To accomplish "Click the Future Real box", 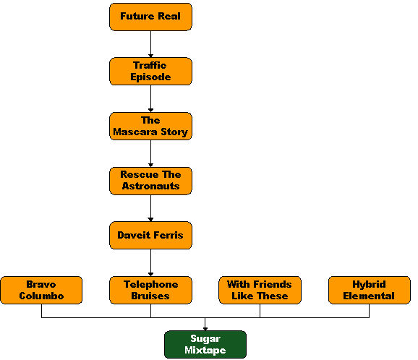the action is (x=150, y=17).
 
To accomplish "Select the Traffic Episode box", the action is (x=150, y=71).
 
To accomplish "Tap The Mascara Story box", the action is (x=150, y=126).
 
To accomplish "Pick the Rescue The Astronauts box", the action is (x=150, y=181).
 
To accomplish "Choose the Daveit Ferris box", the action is (x=150, y=235).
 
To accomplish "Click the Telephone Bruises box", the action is (x=150, y=290).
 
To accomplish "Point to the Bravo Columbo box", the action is (x=41, y=290).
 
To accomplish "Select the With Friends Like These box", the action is (x=260, y=290).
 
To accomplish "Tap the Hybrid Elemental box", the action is (x=370, y=290).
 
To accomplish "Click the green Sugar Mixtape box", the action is (x=205, y=345).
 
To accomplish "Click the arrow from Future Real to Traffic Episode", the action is (x=150, y=44).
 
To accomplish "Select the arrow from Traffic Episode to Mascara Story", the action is (x=150, y=98).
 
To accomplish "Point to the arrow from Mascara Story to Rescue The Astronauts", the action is (x=150, y=153).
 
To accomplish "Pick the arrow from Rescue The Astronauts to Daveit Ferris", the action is (x=150, y=208).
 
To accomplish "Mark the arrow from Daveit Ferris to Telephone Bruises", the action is (x=150, y=262).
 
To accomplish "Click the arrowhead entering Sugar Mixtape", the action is (x=205, y=329).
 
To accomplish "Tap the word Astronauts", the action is (x=150, y=186).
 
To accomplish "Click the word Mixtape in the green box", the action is (x=205, y=350).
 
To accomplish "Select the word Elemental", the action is (x=369, y=296).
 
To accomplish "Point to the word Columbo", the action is (x=41, y=296).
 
